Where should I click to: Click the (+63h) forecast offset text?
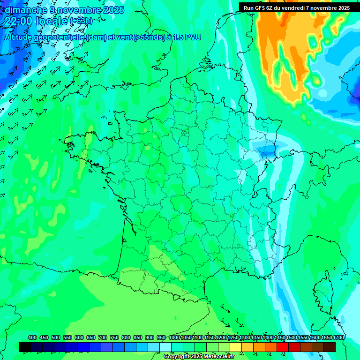(81, 21)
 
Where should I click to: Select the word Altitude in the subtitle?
(21, 37)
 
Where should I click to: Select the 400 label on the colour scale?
(32, 337)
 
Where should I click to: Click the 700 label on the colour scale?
(103, 337)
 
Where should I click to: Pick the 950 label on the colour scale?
(161, 337)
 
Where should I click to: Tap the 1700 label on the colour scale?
(338, 337)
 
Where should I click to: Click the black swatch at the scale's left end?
(25, 347)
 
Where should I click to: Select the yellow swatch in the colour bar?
(236, 347)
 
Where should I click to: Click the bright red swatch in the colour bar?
(283, 347)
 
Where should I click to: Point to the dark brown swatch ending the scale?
(330, 347)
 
